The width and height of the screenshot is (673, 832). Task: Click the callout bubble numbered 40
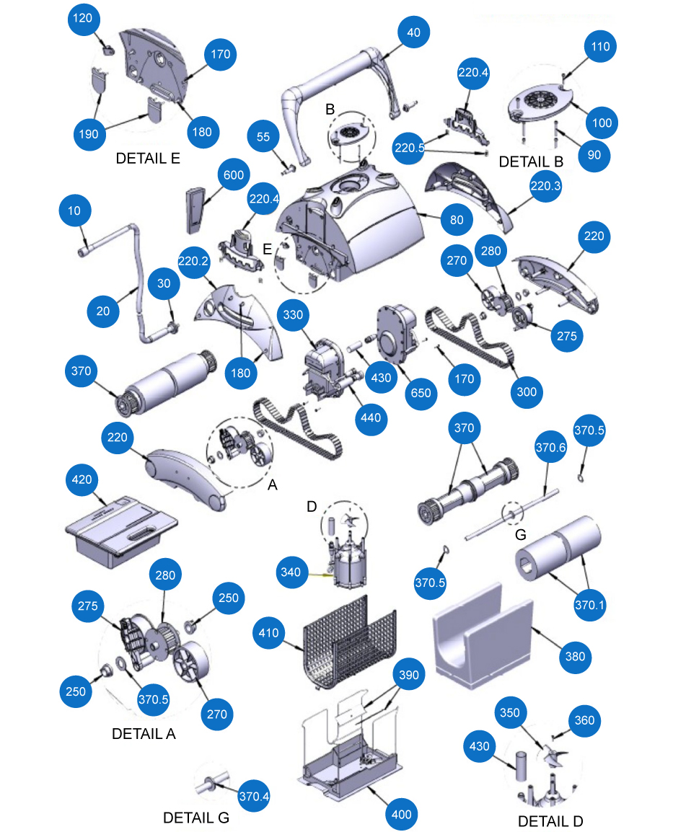coord(413,32)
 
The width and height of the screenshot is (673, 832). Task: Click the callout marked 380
coord(576,656)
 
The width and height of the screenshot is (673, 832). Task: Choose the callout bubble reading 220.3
coord(545,185)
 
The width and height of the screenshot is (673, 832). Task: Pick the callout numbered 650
coord(421,393)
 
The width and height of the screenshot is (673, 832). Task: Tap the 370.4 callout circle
coord(253,797)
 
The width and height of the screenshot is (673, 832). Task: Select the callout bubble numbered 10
coord(76,211)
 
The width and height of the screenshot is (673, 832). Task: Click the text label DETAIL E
coord(148,159)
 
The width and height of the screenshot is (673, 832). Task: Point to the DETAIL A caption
coord(144,734)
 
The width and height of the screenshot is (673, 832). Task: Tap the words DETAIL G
coord(195,818)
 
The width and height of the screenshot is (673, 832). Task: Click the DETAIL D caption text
coord(550,821)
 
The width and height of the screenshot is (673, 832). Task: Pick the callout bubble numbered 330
coord(293,315)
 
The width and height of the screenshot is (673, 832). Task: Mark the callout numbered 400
coord(402,814)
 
